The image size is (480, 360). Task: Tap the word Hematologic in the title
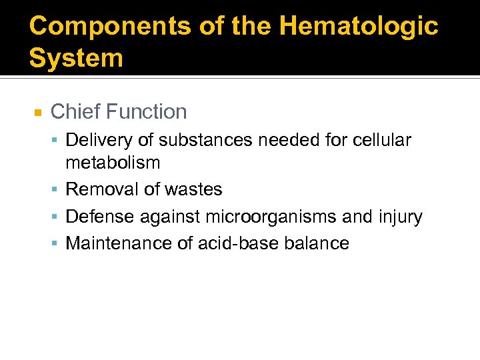click(x=359, y=27)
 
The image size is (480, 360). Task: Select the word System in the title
click(x=76, y=58)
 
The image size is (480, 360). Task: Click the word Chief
click(x=74, y=111)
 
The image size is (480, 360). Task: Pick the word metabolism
click(x=113, y=162)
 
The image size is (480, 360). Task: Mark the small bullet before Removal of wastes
click(x=56, y=190)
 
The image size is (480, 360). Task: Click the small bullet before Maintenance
click(x=56, y=244)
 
